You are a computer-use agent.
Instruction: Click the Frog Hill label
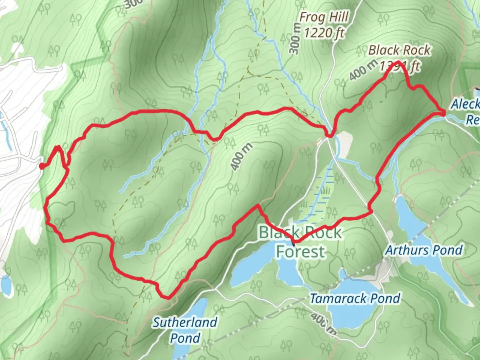pos(324,17)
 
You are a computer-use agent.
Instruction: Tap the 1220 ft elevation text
pos(324,33)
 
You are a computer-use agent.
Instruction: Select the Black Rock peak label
pos(399,50)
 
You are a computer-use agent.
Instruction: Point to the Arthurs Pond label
pos(424,250)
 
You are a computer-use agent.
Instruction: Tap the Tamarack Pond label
pos(355,298)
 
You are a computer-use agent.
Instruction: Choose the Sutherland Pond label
pos(185,330)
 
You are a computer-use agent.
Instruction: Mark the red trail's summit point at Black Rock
pos(398,62)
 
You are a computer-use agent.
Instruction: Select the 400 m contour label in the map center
pos(241,157)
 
